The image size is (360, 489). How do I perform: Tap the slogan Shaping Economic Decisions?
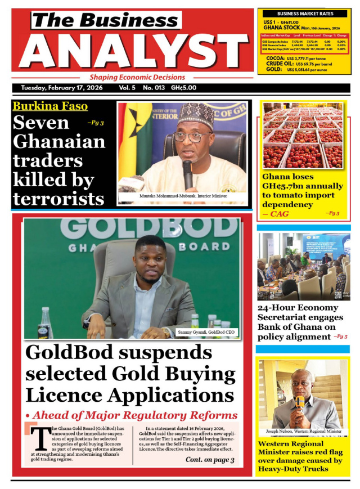click(x=137, y=77)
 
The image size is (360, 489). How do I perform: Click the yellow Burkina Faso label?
click(x=50, y=106)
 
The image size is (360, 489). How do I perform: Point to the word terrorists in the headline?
click(x=58, y=199)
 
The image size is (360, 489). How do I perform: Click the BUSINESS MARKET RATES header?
click(x=305, y=14)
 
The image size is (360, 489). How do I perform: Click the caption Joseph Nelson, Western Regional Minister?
click(x=304, y=432)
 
